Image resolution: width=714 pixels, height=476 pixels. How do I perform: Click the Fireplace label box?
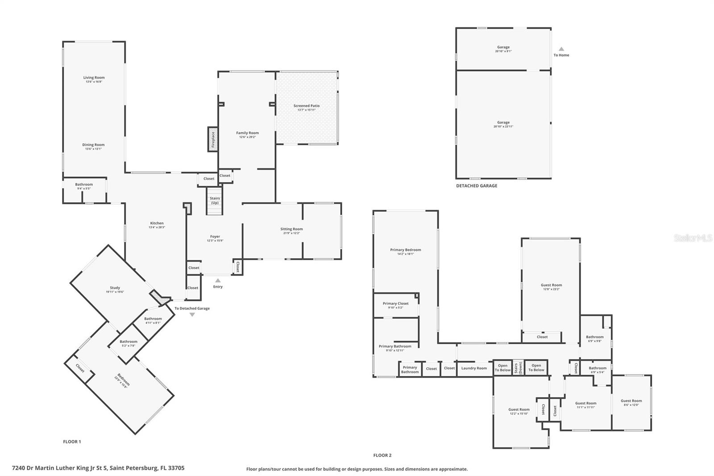coord(213,139)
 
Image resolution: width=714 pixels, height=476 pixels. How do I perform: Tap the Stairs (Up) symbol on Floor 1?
coord(215,201)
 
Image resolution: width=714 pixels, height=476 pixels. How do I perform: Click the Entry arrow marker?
coord(218,280)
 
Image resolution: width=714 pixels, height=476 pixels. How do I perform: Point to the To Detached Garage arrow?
coord(192,315)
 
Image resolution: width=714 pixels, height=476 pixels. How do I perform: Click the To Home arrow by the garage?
coord(561,49)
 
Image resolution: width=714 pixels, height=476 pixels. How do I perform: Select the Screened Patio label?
coord(307,106)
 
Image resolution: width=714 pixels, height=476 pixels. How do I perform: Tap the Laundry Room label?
coord(474,368)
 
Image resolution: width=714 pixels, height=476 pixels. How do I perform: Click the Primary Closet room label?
coord(396,304)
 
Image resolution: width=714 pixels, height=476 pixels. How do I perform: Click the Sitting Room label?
coord(291,229)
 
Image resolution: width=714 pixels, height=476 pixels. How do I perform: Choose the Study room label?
coord(115,288)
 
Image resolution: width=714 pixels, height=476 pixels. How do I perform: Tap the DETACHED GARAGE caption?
coord(476,186)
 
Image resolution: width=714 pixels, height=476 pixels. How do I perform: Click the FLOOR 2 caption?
coord(382,455)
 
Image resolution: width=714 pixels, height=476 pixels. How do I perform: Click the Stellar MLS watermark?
coord(693,238)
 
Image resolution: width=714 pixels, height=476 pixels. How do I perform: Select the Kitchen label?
coord(157,223)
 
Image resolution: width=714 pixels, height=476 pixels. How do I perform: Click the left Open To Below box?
coord(502,367)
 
